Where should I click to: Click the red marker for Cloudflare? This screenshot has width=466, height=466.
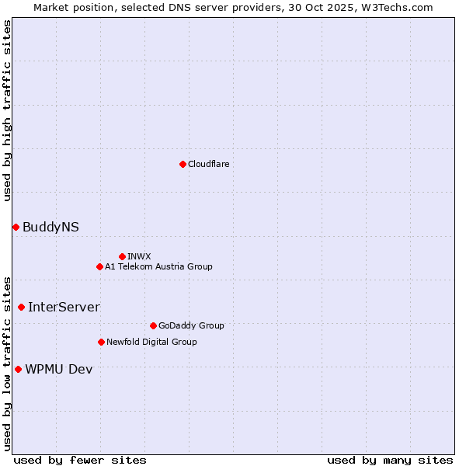coord(183,164)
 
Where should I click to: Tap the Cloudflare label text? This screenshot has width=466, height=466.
coord(209,165)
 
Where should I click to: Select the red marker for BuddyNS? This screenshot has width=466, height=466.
coord(16,227)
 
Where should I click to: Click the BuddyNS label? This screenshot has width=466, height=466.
coord(50,228)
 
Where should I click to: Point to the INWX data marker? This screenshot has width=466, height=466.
coord(122,256)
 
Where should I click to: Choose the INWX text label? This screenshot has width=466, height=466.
coord(140,257)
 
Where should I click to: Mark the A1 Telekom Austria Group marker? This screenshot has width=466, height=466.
coord(99,266)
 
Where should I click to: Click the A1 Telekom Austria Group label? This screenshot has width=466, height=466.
coord(158,267)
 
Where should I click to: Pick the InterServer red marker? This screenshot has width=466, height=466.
coord(21,307)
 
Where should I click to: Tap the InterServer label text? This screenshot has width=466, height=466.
coord(64,308)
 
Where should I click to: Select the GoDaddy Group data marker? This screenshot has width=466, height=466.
coord(153,325)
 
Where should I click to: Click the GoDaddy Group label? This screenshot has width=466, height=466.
coord(191,326)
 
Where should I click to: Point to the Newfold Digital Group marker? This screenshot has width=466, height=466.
coord(101,342)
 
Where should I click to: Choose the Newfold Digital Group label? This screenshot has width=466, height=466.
coord(151,343)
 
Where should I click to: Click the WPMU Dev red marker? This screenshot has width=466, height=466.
coord(18,369)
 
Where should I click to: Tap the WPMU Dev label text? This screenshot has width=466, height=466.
coord(58,370)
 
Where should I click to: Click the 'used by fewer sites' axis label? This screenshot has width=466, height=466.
coord(80,461)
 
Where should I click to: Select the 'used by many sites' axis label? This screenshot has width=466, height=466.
coord(390,461)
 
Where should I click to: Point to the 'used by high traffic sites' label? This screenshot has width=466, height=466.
coord(7,110)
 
